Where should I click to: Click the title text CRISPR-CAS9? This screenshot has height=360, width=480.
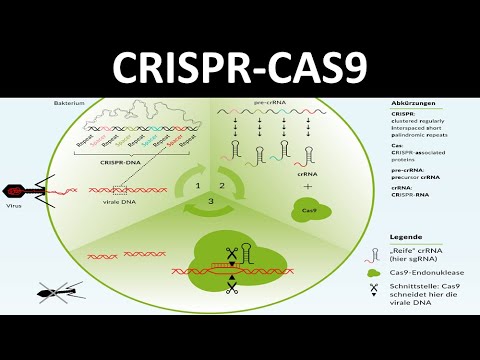pos(240,65)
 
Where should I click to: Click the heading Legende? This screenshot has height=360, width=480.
pos(409,237)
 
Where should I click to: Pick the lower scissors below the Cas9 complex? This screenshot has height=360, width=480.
pos(230,288)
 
